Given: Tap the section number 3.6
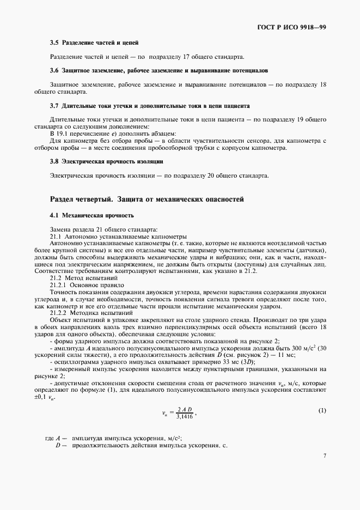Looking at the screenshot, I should (x=54, y=71).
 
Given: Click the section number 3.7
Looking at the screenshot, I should (x=54, y=105).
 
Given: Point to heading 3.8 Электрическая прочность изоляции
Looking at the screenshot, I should (x=106, y=162).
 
